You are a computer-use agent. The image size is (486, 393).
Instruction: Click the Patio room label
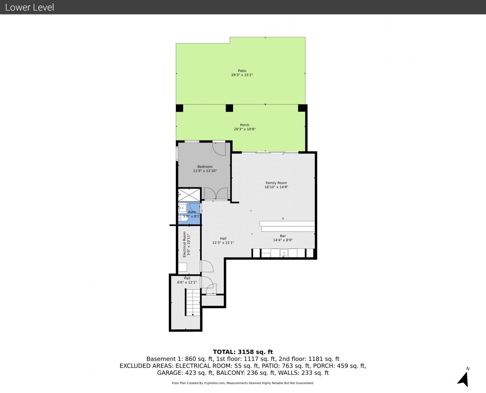pyautogui.click(x=242, y=71)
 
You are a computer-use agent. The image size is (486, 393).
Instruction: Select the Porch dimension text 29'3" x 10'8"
pyautogui.click(x=245, y=129)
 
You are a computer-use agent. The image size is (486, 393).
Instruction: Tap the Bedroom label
pyautogui.click(x=205, y=167)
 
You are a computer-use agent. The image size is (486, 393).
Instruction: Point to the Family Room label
pyautogui.click(x=276, y=183)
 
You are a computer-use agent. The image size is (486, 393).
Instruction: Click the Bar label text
pyautogui.click(x=283, y=236)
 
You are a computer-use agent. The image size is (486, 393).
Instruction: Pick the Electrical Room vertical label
pyautogui.click(x=184, y=245)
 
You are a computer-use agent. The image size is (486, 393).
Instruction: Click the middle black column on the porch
pyautogui.click(x=229, y=108)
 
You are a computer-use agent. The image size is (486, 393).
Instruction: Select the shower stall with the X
pyautogui.click(x=189, y=195)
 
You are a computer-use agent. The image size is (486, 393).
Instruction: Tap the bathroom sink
pyautogui.click(x=182, y=208)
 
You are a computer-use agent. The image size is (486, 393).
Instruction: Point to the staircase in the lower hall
pyautogui.click(x=193, y=302)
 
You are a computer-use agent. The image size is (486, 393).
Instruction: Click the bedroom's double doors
pyautogui.click(x=216, y=194)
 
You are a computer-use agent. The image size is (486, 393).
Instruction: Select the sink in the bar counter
pyautogui.click(x=284, y=253)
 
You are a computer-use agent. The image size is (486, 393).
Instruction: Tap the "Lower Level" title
pyautogui.click(x=29, y=7)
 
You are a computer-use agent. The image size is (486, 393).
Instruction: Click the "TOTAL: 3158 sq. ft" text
pyautogui.click(x=243, y=352)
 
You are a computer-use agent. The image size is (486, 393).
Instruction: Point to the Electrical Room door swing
pyautogui.click(x=207, y=266)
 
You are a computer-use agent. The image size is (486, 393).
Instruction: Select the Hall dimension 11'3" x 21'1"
pyautogui.click(x=223, y=243)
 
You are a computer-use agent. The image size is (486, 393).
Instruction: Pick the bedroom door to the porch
pyautogui.click(x=219, y=149)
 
